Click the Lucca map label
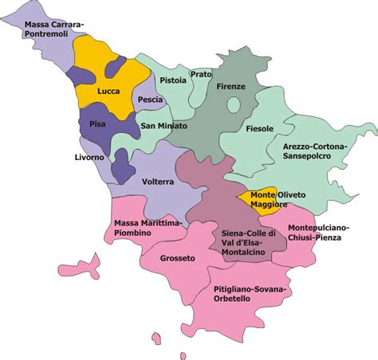pyautogui.click(x=108, y=91)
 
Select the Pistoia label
pyautogui.click(x=173, y=80)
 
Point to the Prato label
pyautogui.click(x=202, y=74)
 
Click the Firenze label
pyautogui.click(x=230, y=85)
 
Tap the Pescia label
pyautogui.click(x=150, y=100)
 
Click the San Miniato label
pyautogui.click(x=163, y=126)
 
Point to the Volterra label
pyautogui.click(x=157, y=182)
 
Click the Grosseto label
pyautogui.click(x=176, y=258)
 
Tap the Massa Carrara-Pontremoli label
pyautogui.click(x=53, y=30)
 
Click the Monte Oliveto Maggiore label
pyautogui.click(x=269, y=200)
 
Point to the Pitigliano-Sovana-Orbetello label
pyautogui.click(x=247, y=293)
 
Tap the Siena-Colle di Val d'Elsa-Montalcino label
pyautogui.click(x=249, y=241)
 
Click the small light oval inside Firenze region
pyautogui.click(x=234, y=104)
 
